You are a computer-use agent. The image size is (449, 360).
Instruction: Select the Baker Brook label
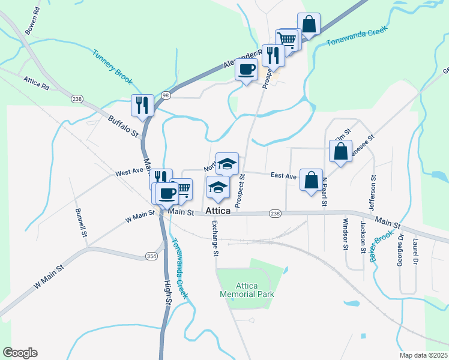[x=381, y=248]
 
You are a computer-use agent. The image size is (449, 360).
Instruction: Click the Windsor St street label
[x=345, y=234]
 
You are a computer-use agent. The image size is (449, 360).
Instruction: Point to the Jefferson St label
[x=373, y=194]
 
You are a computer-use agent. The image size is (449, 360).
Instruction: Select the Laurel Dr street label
[x=415, y=252]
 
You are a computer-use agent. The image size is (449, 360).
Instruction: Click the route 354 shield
[x=151, y=256]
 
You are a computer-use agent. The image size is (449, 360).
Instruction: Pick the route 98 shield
[x=166, y=96]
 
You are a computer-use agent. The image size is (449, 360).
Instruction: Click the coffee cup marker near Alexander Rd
[x=247, y=70]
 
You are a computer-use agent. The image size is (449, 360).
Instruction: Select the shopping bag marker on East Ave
[x=311, y=180]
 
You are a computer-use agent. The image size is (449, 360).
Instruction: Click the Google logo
[x=20, y=353]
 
